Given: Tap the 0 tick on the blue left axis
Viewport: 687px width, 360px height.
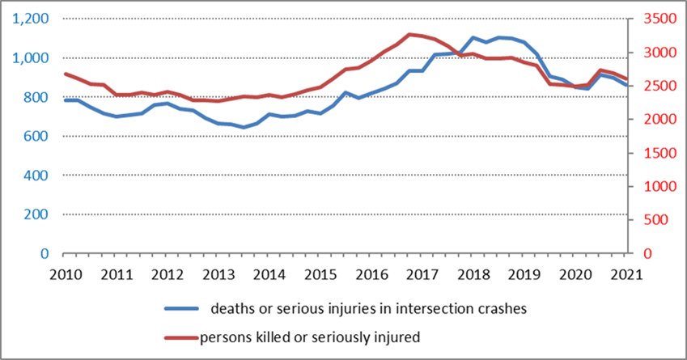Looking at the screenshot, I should tap(45, 253).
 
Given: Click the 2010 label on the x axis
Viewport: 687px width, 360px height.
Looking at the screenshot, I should tap(66, 273).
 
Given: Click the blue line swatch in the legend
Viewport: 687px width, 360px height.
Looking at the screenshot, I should tap(182, 308).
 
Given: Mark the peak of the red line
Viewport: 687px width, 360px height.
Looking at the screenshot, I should tap(410, 34).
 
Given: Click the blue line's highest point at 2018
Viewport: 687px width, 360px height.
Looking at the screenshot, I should tap(475, 37).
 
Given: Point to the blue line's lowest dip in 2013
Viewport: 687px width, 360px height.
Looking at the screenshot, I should tap(244, 127).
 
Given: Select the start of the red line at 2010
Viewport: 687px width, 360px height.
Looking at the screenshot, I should tap(66, 74).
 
